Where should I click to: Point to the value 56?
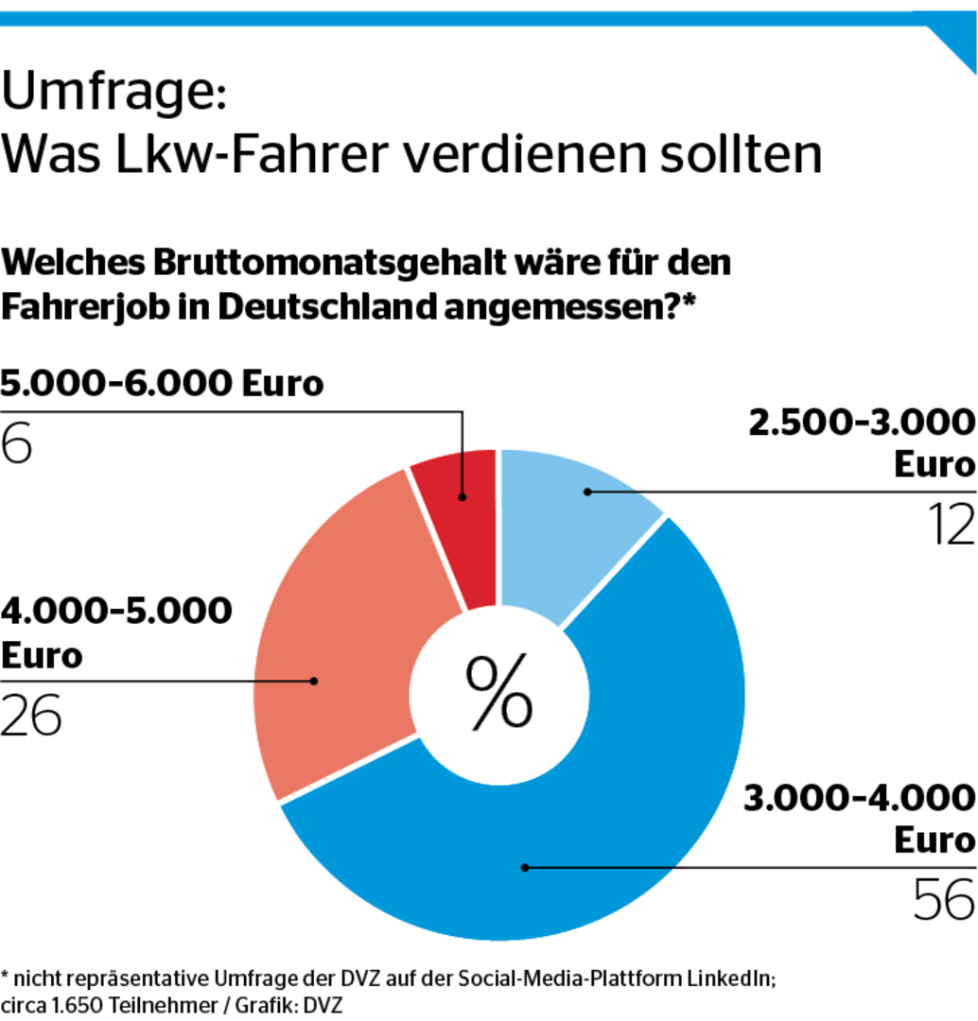point(943,899)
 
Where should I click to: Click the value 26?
point(31,715)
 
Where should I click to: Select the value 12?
point(946,524)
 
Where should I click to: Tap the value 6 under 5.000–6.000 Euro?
point(16,443)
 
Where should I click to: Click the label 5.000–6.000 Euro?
point(162,385)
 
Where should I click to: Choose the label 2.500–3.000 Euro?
point(861,443)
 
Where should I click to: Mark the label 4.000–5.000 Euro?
point(115,632)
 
